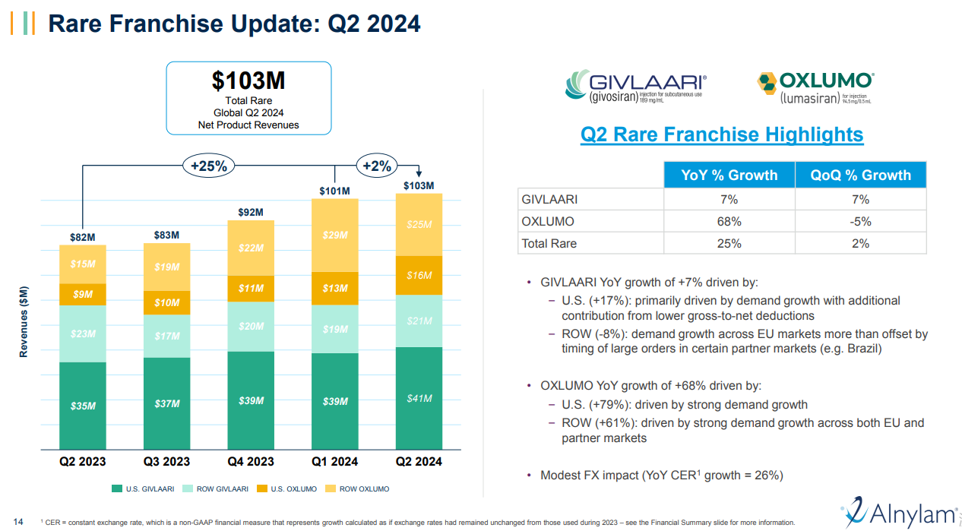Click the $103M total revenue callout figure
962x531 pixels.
coord(248,81)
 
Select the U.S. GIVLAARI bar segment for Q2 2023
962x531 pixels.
coord(83,406)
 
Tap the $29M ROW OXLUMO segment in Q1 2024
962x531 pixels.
coord(335,235)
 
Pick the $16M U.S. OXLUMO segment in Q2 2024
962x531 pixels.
coord(419,276)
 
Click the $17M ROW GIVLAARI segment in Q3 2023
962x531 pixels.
coord(166,336)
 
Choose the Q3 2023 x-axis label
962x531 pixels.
coord(166,461)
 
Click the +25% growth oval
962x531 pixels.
coord(209,166)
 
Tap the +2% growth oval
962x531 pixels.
coord(377,166)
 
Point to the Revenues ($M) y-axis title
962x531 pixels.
coord(24,321)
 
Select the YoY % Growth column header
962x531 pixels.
coord(729,175)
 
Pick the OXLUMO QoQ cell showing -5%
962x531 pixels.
coord(860,222)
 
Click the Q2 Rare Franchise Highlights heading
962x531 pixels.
coord(721,135)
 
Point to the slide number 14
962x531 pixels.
coord(18,521)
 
